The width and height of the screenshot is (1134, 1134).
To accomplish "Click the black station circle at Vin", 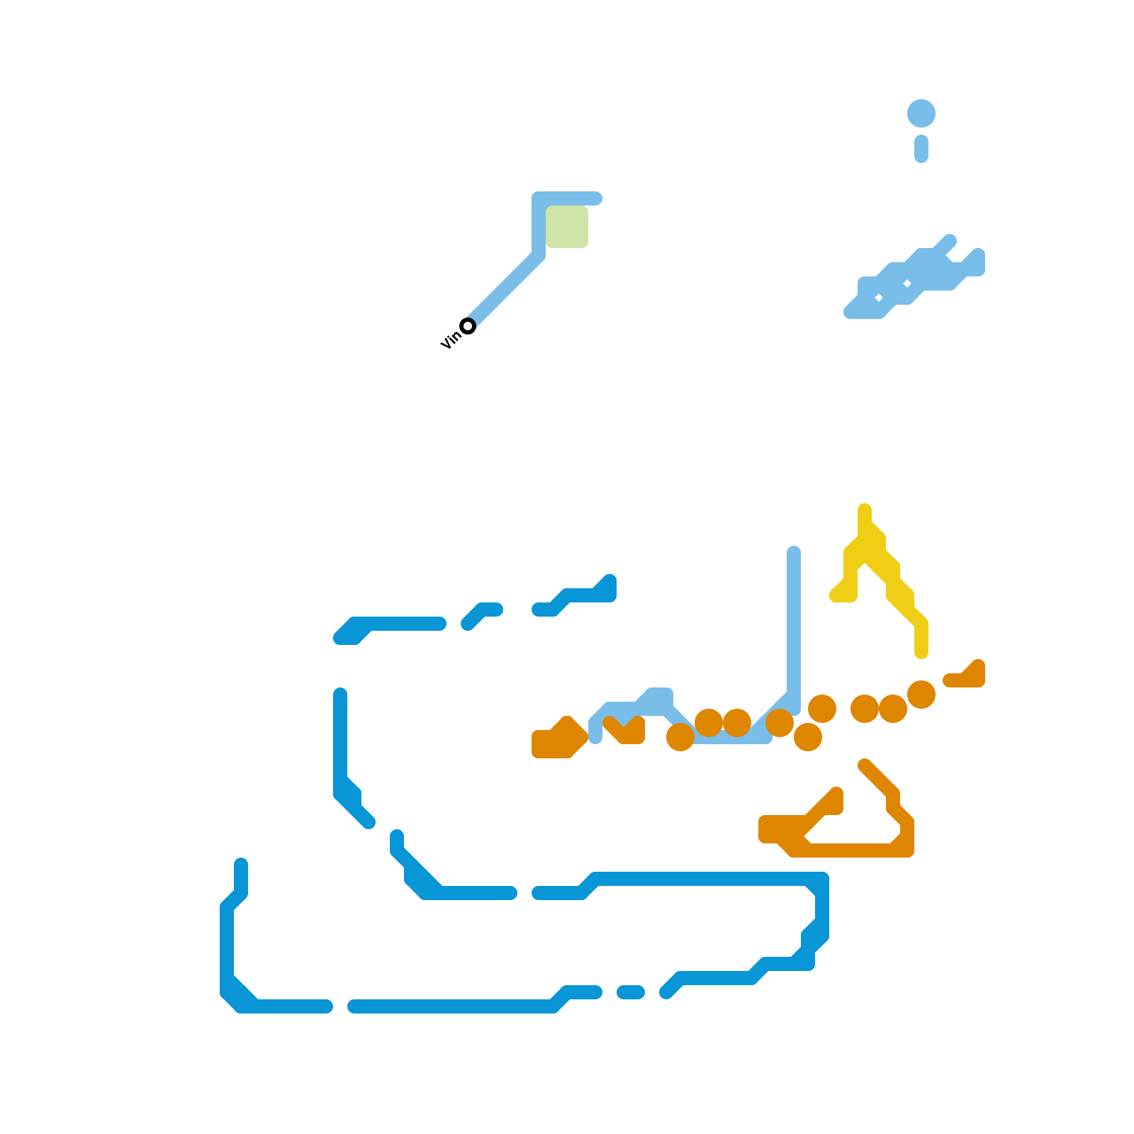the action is [468, 326].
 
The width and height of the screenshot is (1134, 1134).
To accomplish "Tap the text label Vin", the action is [450, 340].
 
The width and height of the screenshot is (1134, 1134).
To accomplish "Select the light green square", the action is [567, 227].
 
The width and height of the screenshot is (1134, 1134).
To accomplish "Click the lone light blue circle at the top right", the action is [921, 113].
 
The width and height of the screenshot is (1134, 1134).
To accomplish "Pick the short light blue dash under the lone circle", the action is [921, 149].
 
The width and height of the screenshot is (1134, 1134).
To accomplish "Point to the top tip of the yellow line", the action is [865, 510].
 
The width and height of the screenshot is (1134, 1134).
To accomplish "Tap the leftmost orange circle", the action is [680, 737].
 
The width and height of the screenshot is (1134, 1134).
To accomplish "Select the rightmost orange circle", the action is [921, 695].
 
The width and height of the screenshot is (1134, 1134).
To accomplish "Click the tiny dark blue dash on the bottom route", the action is [631, 992].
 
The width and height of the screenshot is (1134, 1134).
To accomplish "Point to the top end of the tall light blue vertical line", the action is [794, 552].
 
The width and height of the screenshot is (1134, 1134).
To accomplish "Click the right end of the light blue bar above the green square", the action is [596, 198].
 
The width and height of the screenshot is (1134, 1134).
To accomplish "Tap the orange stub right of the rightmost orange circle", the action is [967, 677].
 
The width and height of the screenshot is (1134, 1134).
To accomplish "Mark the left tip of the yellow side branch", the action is [836, 596].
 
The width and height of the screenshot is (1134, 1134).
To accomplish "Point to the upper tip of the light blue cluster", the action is [950, 241].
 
